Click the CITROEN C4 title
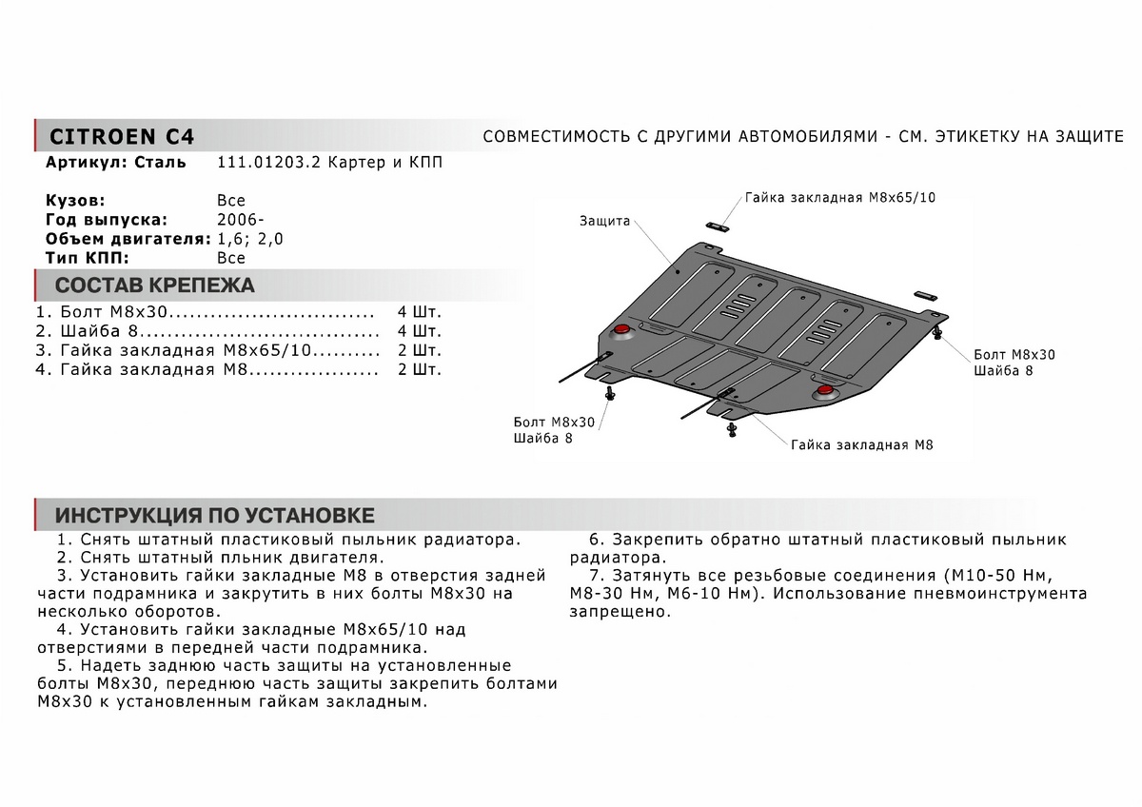coord(121,135)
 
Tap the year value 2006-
coord(235,220)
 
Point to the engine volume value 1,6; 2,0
coord(250,239)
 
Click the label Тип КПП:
coord(87,258)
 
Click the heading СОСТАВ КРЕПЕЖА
coord(155,285)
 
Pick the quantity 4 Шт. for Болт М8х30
coord(419,312)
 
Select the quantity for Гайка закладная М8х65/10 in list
coord(419,350)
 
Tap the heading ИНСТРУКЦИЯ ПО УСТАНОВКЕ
coord(214,516)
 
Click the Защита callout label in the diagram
coord(604,221)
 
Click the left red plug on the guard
coord(622,329)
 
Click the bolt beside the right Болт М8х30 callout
coord(939,333)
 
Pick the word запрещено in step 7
coord(620,612)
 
